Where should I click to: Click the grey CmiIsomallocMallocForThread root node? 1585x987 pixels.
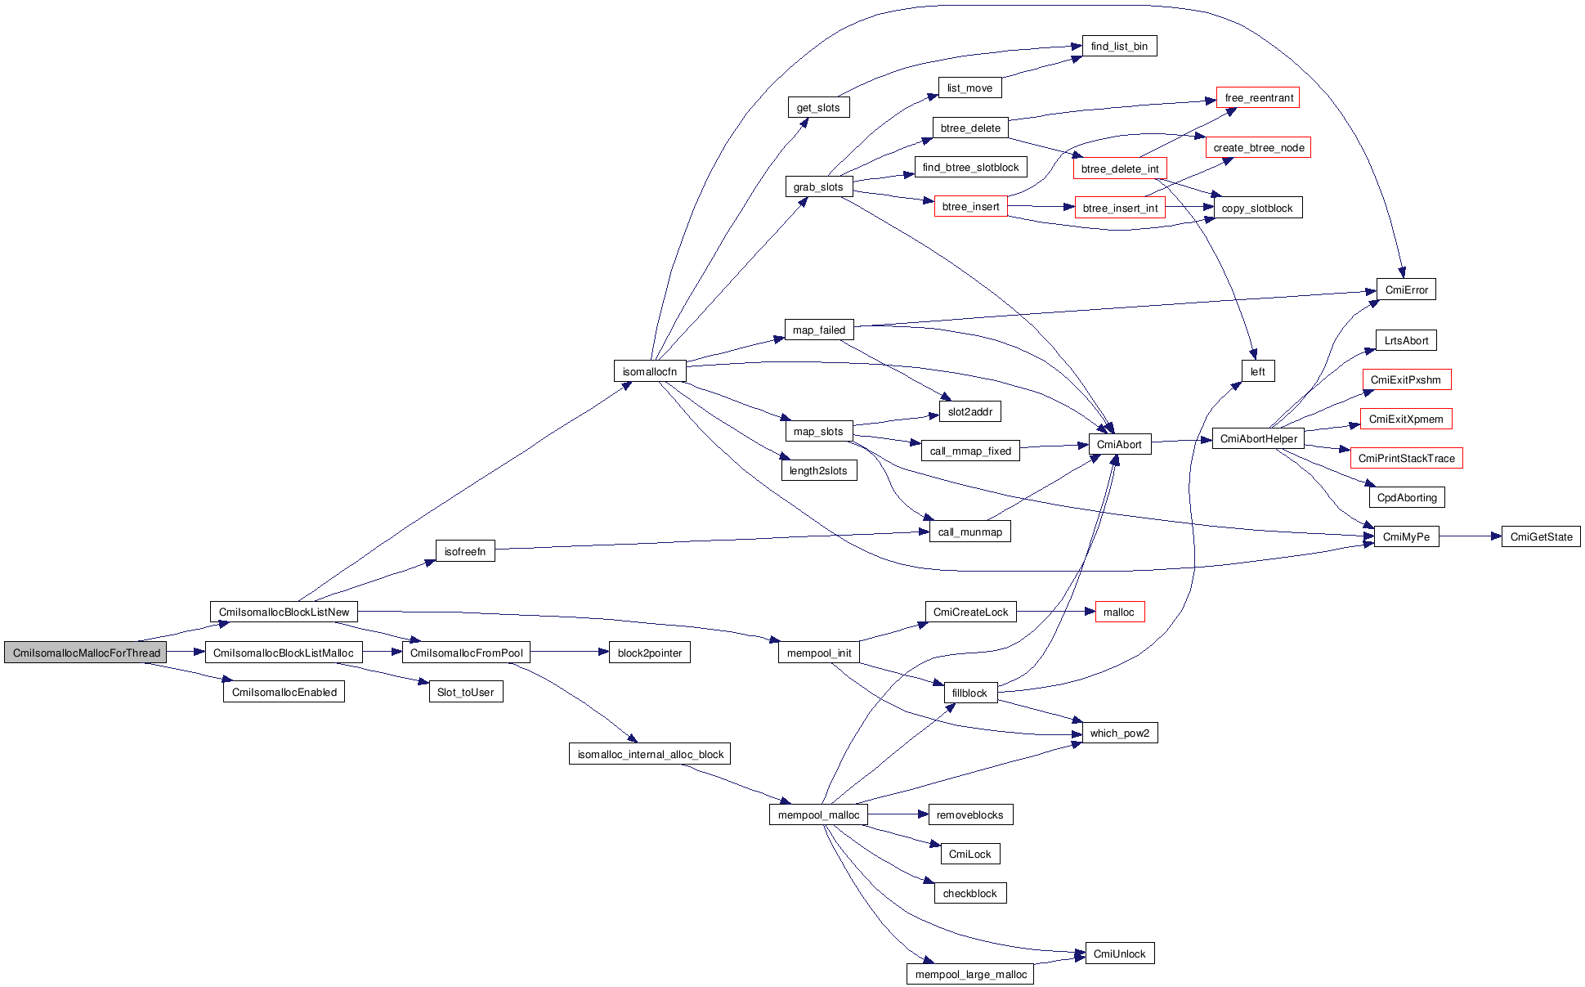(x=86, y=653)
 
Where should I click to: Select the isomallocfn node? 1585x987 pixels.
(x=650, y=371)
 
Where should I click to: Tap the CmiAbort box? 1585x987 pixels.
(x=1119, y=444)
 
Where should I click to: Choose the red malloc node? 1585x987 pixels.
(x=1119, y=612)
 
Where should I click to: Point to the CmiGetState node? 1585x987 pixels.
(x=1541, y=536)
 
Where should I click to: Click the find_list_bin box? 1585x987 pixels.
(x=1119, y=46)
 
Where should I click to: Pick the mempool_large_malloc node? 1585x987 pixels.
(x=970, y=974)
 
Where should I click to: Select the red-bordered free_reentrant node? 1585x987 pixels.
(x=1258, y=97)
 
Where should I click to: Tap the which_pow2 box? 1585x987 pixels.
(x=1119, y=733)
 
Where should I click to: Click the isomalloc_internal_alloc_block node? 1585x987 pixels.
(x=650, y=754)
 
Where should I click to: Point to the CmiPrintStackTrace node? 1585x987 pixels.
(x=1406, y=458)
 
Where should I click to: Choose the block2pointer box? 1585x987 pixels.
(x=650, y=653)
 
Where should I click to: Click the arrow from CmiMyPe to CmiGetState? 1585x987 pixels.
(x=1470, y=536)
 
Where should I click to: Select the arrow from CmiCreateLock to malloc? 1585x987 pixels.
(x=1054, y=611)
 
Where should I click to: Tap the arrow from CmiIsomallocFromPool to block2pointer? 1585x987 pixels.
(x=569, y=652)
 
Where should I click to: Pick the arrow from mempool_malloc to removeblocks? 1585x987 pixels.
(x=898, y=814)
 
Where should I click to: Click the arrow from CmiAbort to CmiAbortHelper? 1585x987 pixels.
(x=1181, y=441)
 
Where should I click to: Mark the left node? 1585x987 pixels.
(x=1258, y=371)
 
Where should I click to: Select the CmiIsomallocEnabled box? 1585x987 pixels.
(x=284, y=692)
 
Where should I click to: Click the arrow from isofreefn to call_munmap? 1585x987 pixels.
(x=711, y=541)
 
